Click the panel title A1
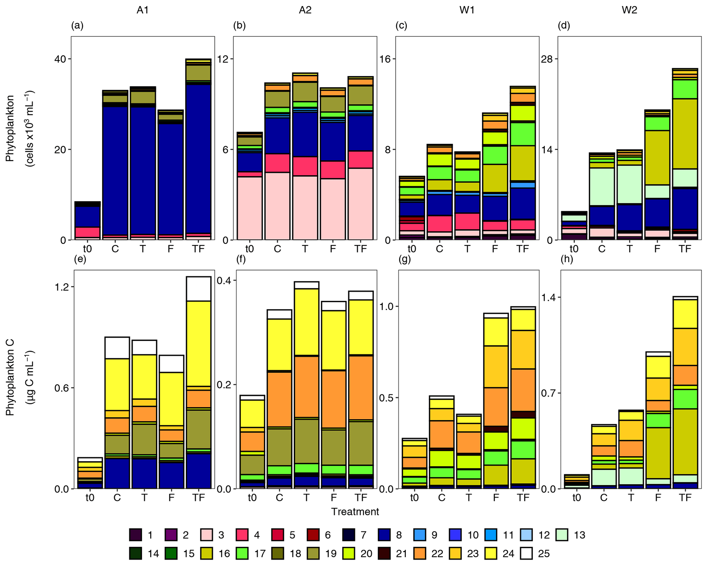142,10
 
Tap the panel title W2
629,10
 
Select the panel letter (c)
401,26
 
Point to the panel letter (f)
241,259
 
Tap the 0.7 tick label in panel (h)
549,393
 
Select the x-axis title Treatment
355,512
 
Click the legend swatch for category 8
385,535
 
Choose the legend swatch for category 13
562,535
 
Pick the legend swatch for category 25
526,554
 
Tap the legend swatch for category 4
243,535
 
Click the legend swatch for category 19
313,554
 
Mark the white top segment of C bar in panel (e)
117,348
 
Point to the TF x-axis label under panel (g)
523,497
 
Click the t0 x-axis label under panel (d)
574,249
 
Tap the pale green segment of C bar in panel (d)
602,187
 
